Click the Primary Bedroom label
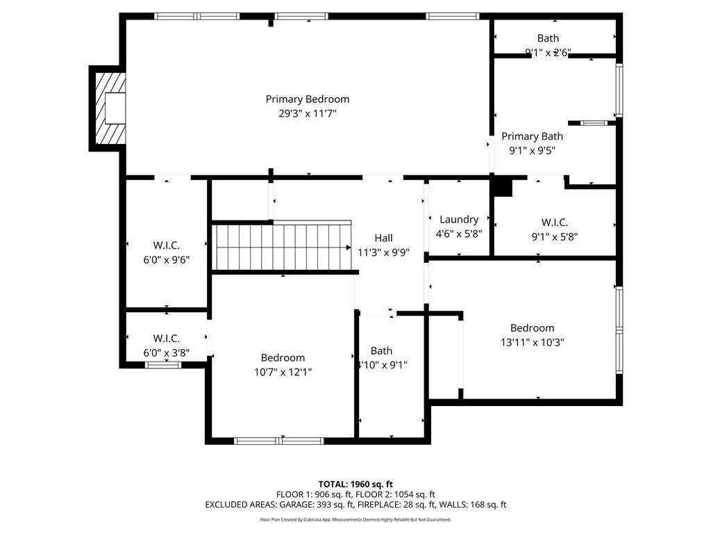tap(308, 99)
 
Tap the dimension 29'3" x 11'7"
tap(308, 113)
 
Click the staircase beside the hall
tap(281, 247)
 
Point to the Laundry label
tap(459, 220)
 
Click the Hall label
tap(383, 238)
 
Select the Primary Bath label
tap(532, 136)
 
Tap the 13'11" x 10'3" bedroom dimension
tap(532, 342)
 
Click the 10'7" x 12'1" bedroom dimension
tap(283, 372)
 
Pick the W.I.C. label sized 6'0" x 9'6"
tap(166, 245)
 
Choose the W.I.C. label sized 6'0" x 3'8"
tap(166, 339)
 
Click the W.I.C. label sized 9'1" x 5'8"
tap(554, 222)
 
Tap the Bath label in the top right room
tap(547, 38)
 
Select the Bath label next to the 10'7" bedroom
tap(381, 351)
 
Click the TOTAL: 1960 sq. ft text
tap(355, 484)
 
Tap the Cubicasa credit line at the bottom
tap(355, 519)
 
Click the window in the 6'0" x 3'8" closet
tap(163, 364)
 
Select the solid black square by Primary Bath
tap(501, 186)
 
